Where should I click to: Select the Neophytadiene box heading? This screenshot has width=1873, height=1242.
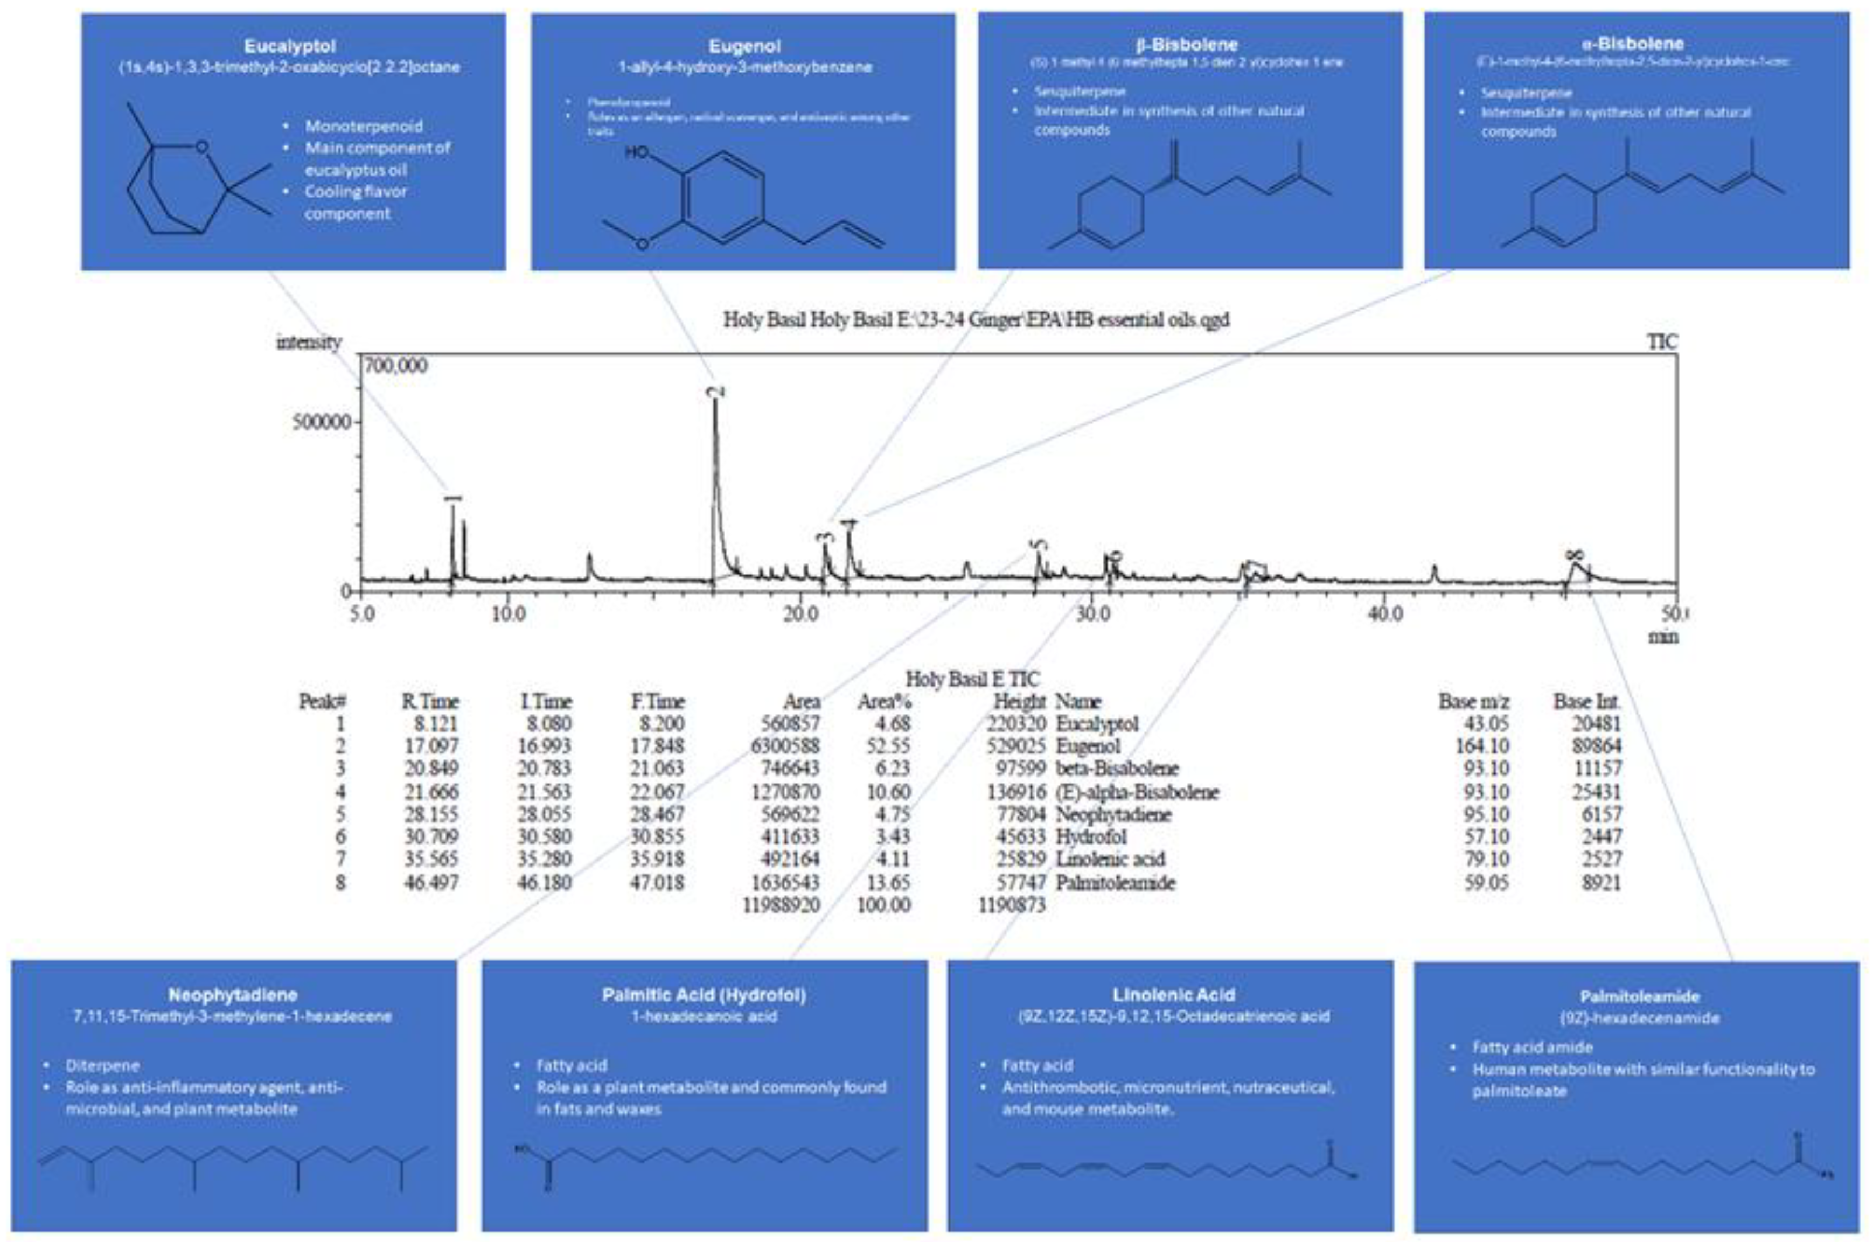(233, 995)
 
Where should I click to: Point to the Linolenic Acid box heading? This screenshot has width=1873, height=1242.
(1173, 995)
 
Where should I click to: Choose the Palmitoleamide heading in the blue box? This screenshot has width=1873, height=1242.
(1638, 996)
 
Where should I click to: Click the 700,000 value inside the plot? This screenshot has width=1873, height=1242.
(396, 366)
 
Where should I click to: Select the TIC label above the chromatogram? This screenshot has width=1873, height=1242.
(1661, 341)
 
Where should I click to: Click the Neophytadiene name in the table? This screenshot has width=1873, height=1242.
(1113, 814)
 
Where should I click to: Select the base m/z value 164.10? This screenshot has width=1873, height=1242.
(1479, 746)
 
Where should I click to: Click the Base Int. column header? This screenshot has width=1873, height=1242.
(1586, 702)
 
